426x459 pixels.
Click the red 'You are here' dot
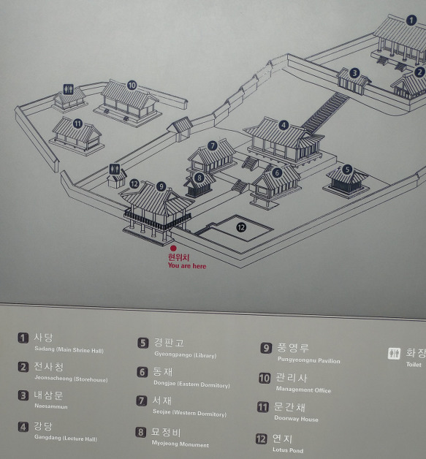tap(173, 249)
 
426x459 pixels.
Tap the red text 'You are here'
tap(187, 266)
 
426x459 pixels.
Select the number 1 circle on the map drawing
tap(411, 20)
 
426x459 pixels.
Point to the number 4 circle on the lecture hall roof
tap(284, 125)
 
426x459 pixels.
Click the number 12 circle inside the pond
tap(241, 227)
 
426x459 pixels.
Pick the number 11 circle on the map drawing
tap(77, 124)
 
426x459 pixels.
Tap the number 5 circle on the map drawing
tap(347, 169)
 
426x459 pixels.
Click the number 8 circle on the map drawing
tap(199, 178)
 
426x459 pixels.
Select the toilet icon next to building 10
tap(69, 89)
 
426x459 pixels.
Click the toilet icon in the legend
tap(394, 353)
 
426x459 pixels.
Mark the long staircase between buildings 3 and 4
tap(325, 113)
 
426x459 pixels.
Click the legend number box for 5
tap(142, 343)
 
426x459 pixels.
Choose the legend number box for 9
tap(266, 348)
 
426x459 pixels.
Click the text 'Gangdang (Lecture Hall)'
tap(66, 438)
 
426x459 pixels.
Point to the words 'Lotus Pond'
tap(288, 450)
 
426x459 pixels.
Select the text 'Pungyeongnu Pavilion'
tap(308, 360)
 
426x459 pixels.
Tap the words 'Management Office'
tap(303, 390)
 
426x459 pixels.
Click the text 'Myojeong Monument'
tap(180, 444)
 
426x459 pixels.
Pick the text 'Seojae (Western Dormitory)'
tap(189, 413)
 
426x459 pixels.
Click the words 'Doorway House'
tap(296, 419)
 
